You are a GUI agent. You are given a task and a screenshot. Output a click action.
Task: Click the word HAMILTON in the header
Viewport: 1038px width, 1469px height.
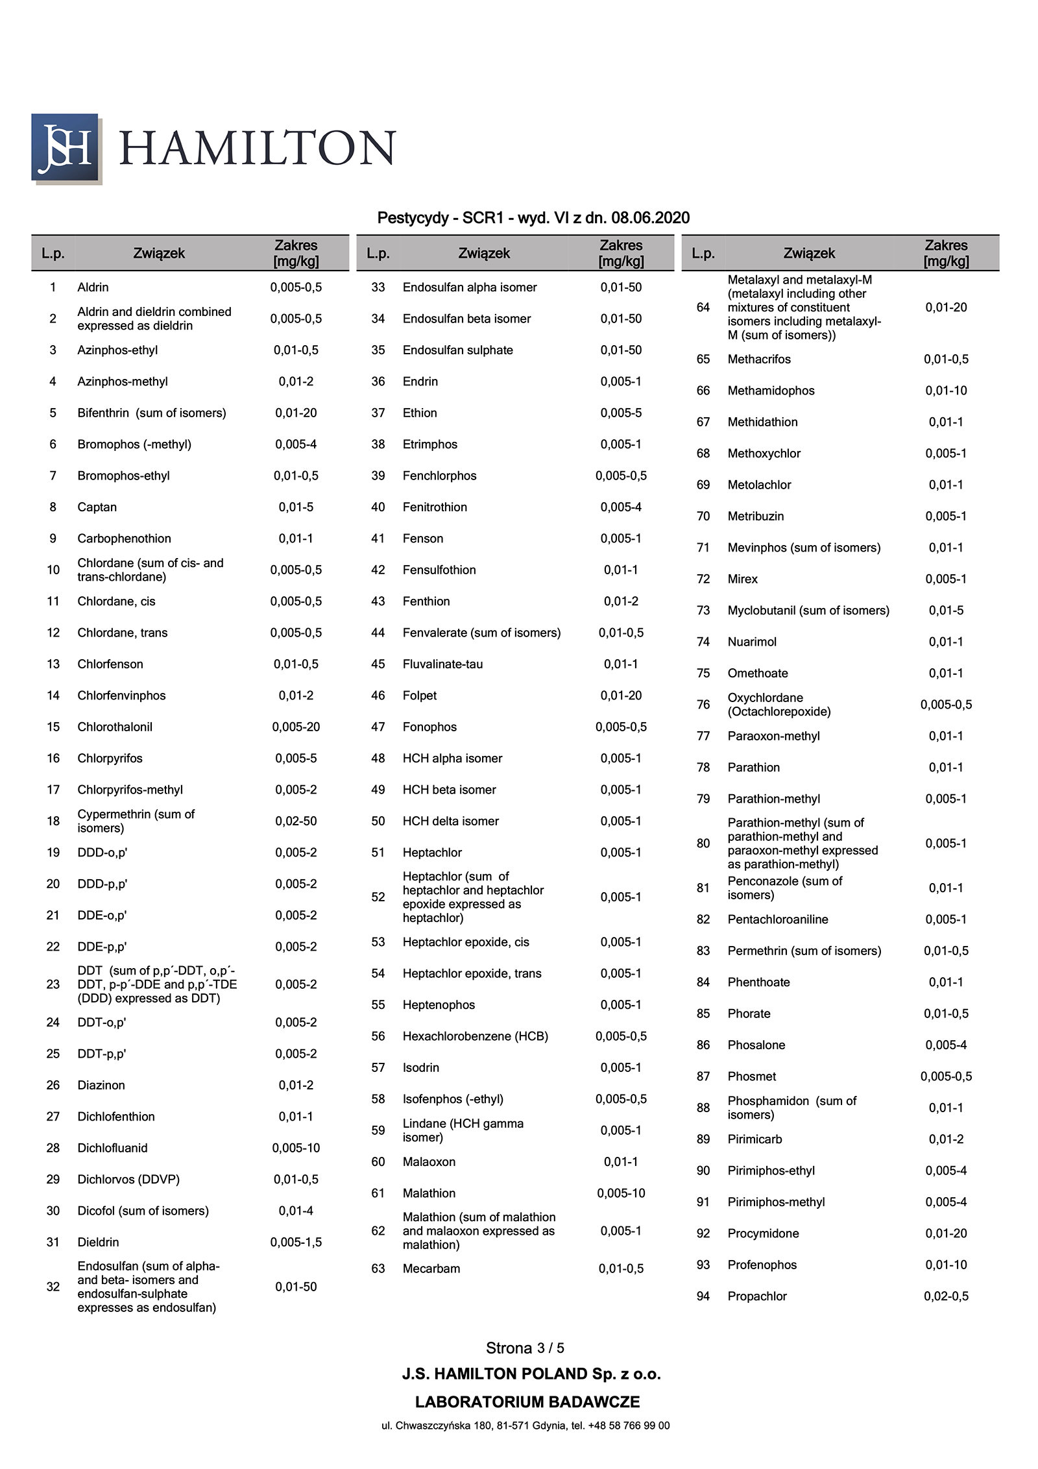point(258,148)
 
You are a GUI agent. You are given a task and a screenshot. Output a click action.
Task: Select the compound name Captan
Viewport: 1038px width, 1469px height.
point(97,507)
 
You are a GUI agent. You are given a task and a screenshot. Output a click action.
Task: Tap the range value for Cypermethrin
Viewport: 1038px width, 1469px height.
point(296,821)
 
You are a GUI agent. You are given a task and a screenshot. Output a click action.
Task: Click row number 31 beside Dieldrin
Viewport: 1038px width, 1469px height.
point(53,1242)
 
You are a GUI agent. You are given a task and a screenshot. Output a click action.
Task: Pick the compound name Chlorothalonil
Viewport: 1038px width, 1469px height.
point(115,727)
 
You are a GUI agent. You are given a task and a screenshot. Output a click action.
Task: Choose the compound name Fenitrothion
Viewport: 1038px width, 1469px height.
point(435,507)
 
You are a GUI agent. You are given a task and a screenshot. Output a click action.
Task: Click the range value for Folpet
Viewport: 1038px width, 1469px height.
point(621,696)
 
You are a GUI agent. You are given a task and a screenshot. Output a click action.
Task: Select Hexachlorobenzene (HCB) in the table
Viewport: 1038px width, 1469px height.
point(476,1036)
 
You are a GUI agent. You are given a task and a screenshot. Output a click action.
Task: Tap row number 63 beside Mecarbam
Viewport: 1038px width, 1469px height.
point(378,1269)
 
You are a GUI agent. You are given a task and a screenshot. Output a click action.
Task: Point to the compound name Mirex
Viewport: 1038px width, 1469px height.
point(743,579)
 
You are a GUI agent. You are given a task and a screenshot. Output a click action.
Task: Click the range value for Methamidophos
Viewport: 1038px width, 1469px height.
point(946,391)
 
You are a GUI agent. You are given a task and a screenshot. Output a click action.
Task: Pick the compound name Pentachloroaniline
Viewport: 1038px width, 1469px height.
point(778,919)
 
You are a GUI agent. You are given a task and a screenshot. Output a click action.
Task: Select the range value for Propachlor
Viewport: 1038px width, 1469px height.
point(946,1296)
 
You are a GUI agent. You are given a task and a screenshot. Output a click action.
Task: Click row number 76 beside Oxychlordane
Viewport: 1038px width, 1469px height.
point(703,705)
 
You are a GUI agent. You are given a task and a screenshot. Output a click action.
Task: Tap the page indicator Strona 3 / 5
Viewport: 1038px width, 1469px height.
point(525,1348)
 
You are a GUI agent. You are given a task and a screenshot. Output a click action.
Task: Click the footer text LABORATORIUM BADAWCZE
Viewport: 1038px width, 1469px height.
point(527,1402)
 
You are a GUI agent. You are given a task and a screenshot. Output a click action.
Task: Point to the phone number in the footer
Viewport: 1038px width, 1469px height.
point(629,1426)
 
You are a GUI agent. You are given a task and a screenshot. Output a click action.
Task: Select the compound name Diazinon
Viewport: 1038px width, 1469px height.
point(101,1085)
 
